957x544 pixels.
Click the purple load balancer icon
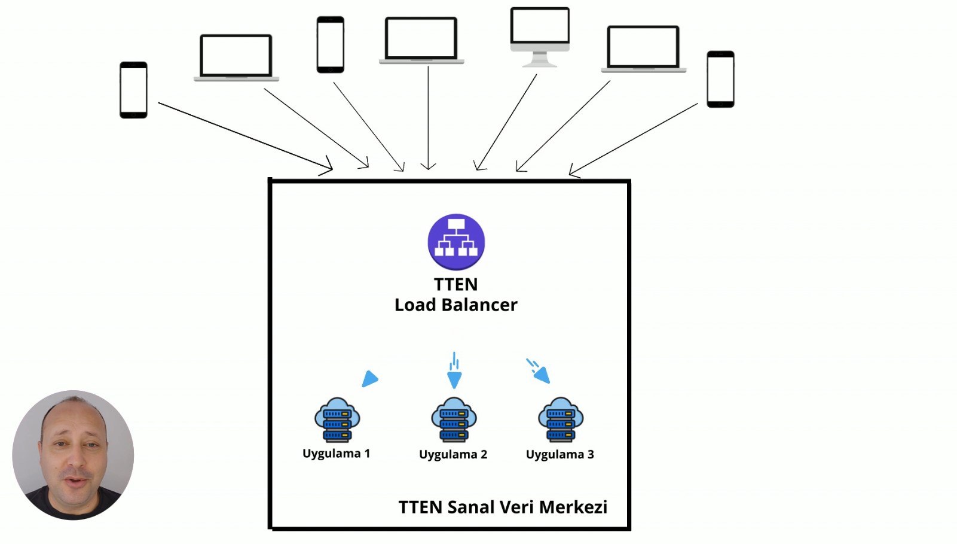[x=456, y=242]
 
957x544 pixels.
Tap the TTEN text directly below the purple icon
[x=455, y=284]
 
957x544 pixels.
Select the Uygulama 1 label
[x=336, y=454]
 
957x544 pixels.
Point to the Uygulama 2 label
[x=452, y=455]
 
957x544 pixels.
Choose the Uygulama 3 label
[x=559, y=455]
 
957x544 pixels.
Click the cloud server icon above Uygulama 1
[x=337, y=420]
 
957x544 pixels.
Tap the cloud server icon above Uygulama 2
[x=454, y=420]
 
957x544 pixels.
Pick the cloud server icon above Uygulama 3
[x=560, y=420]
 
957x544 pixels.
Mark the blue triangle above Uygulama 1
[x=369, y=379]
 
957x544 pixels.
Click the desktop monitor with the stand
[x=540, y=36]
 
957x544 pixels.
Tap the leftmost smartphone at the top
[x=133, y=90]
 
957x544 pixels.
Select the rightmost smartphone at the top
[x=720, y=79]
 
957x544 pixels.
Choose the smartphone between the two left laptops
[x=330, y=45]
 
